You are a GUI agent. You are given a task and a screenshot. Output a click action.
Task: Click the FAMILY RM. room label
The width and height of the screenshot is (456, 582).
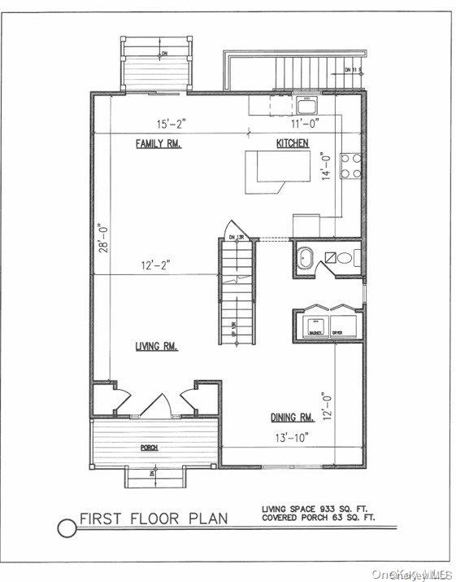159,144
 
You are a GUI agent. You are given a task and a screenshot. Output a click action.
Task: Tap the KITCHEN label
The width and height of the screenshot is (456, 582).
293,143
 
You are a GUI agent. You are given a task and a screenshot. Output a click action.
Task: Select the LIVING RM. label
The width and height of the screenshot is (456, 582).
157,347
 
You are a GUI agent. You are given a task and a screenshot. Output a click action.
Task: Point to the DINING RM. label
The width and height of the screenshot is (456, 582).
293,418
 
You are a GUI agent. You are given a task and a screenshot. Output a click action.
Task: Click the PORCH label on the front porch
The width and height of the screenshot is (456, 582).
149,449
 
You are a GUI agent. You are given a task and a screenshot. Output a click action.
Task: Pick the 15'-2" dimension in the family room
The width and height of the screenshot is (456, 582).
172,125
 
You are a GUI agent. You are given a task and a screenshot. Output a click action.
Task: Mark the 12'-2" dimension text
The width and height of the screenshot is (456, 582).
154,265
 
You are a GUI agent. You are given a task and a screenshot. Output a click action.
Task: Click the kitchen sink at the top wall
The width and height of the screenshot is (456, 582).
307,104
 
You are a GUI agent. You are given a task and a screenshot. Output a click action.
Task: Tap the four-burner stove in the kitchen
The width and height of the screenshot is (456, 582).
351,166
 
